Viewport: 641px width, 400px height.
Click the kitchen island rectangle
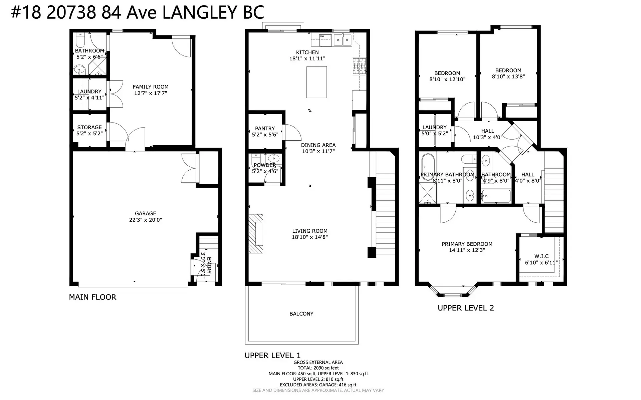[x=316, y=82]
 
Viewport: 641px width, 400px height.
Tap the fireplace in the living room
[x=255, y=234]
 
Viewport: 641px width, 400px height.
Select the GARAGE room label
[x=145, y=213]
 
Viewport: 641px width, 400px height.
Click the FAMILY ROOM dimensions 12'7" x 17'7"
[x=150, y=93]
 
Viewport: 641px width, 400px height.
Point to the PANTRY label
[x=265, y=128]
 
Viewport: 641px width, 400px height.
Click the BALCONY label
[x=301, y=314]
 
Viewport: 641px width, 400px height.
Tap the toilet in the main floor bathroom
[x=80, y=41]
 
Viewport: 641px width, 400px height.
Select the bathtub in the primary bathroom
[x=427, y=167]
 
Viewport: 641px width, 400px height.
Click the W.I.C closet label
[x=541, y=256]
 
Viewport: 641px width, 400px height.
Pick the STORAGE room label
[x=89, y=127]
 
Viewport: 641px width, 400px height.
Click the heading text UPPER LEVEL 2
[x=465, y=308]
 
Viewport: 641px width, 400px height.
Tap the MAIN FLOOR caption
[x=92, y=297]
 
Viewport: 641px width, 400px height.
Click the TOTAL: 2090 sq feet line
[x=318, y=368]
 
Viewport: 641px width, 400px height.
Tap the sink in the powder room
[x=274, y=158]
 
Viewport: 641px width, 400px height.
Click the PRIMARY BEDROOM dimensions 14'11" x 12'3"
[x=467, y=250]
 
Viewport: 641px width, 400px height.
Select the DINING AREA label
[x=318, y=145]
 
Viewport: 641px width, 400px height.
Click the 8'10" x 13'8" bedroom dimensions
[x=508, y=76]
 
